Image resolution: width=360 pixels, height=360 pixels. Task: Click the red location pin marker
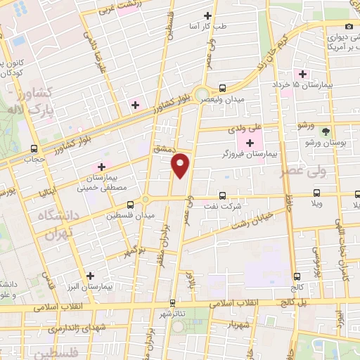(x=181, y=165)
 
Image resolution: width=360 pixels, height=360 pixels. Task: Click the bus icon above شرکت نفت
(x=223, y=195)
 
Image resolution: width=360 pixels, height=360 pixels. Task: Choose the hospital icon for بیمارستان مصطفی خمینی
(x=101, y=167)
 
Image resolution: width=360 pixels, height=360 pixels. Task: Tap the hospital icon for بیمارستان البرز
(x=89, y=276)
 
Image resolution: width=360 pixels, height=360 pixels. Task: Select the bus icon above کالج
(x=297, y=276)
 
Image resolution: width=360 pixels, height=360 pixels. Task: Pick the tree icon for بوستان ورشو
(x=325, y=131)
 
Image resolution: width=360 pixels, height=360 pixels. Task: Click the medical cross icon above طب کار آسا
(x=207, y=15)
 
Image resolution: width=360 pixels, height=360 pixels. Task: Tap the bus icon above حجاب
(x=34, y=148)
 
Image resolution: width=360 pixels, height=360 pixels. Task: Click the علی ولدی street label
(x=245, y=129)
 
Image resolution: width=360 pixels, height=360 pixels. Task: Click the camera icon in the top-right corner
(x=349, y=26)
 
